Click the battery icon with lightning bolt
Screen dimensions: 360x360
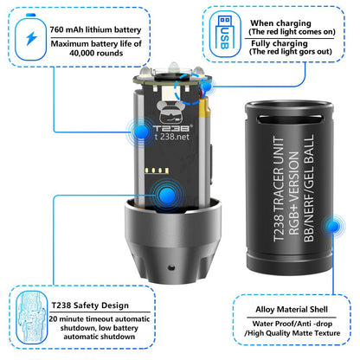(x=30, y=37)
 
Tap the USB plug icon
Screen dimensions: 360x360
(x=225, y=33)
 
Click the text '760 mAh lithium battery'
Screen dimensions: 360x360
(x=95, y=30)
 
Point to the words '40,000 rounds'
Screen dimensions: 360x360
(x=96, y=53)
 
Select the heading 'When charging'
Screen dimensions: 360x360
(x=280, y=23)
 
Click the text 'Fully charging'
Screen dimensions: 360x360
(x=280, y=43)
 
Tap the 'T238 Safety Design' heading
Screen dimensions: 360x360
(x=90, y=305)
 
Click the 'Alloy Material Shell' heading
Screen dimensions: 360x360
(x=292, y=310)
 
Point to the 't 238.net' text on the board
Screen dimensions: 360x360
(x=172, y=137)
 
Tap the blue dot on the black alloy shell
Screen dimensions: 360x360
(x=334, y=226)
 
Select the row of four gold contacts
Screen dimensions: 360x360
(x=157, y=170)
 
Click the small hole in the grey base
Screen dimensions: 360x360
(x=171, y=267)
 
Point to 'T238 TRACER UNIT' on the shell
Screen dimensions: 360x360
(x=279, y=189)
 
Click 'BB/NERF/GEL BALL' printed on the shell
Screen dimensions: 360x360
(x=309, y=188)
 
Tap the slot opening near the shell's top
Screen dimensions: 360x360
(x=289, y=119)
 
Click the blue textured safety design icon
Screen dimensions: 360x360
(x=32, y=318)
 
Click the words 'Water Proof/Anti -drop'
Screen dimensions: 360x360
(x=292, y=324)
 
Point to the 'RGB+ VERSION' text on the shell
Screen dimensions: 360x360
(x=294, y=193)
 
